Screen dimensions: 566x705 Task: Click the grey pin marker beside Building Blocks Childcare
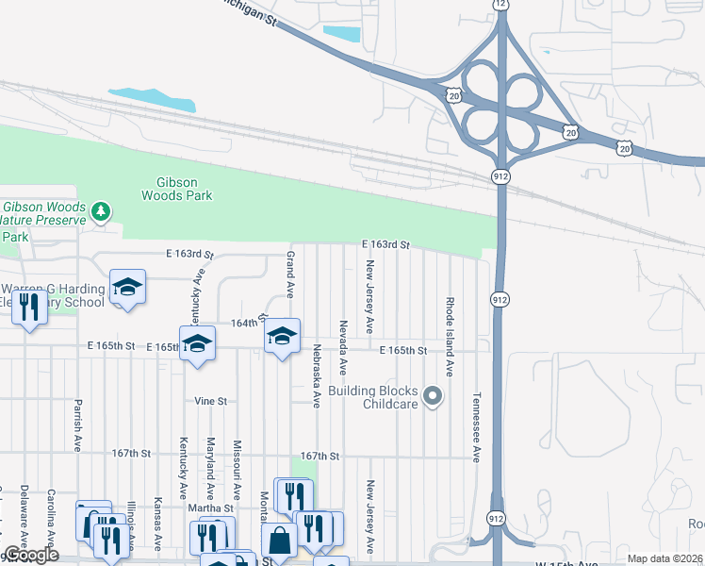pyautogui.click(x=433, y=396)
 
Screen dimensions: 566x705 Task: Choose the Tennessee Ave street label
pyautogui.click(x=477, y=426)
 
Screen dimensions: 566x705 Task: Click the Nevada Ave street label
pyautogui.click(x=344, y=346)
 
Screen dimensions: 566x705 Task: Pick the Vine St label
pyautogui.click(x=211, y=401)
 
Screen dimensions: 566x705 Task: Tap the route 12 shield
pyautogui.click(x=500, y=5)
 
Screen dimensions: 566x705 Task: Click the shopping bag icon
pyautogui.click(x=279, y=541)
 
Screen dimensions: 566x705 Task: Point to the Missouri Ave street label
pyautogui.click(x=238, y=469)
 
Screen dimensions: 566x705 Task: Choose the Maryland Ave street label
pyautogui.click(x=211, y=469)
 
